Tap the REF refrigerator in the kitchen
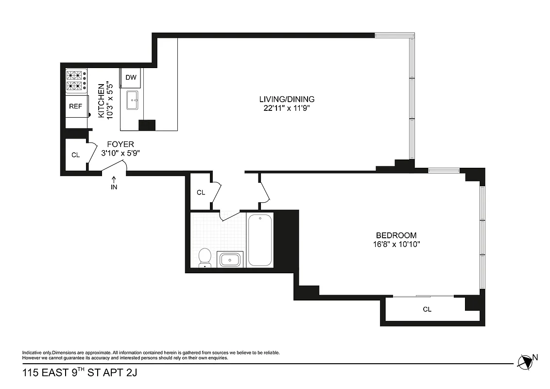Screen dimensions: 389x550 [x=75, y=106]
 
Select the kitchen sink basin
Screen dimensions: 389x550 [x=132, y=102]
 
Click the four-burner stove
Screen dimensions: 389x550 [x=76, y=81]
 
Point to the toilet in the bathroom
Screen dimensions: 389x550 [x=205, y=257]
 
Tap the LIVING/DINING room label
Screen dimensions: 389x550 [x=290, y=99]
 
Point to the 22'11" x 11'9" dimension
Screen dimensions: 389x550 [x=290, y=108]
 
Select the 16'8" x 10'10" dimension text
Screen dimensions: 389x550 [x=393, y=244]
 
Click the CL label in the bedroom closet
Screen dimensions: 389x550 [x=427, y=309]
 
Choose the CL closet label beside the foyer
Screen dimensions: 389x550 [x=75, y=155]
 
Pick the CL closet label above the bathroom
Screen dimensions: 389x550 [x=201, y=193]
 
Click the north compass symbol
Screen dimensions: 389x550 [x=525, y=361]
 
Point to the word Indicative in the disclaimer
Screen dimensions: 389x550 [x=32, y=353]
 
